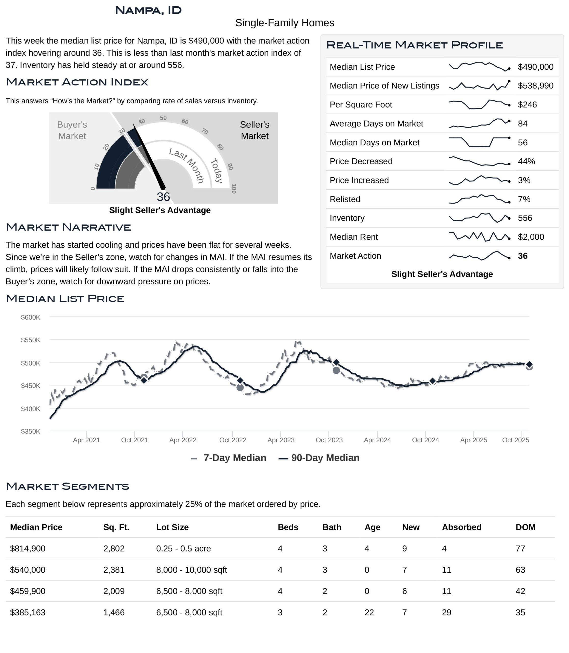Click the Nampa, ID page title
point(148,10)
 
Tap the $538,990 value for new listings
point(535,86)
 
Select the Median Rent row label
point(353,237)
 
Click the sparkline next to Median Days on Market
point(479,142)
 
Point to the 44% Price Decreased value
point(526,161)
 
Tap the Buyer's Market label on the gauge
point(72,130)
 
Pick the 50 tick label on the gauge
point(163,118)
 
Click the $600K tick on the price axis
point(31,317)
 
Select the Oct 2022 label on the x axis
point(233,440)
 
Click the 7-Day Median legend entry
point(235,458)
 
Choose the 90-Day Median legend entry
point(325,458)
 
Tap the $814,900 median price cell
point(28,549)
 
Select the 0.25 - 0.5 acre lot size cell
point(183,549)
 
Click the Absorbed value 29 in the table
point(446,613)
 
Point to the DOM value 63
point(520,570)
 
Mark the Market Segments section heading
point(67,486)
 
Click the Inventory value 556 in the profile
point(525,218)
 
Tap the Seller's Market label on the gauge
point(254,130)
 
